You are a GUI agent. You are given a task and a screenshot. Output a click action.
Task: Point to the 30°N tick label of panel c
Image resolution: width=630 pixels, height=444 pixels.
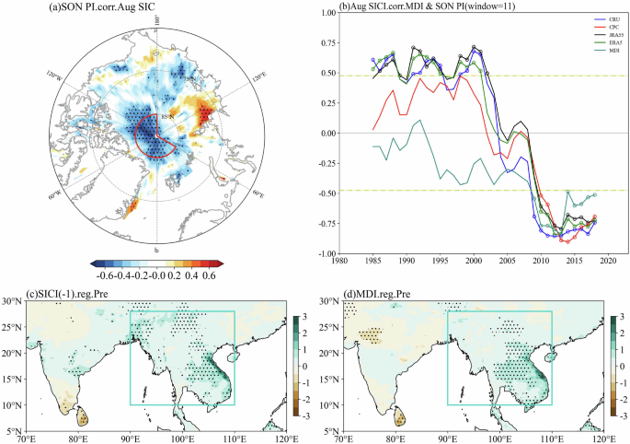pyautogui.click(x=13, y=301)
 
